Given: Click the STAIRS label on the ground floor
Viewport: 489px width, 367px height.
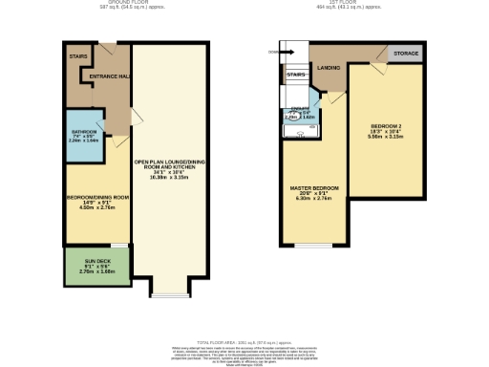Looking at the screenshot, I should pos(78,56).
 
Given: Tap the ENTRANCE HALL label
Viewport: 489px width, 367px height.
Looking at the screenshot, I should pos(109,76).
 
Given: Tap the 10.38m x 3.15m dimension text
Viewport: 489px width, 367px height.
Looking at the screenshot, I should pos(170,177).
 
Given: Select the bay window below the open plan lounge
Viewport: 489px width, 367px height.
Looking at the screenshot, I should pos(170,291).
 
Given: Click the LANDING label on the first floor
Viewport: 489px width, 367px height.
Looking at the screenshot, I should pos(330,67).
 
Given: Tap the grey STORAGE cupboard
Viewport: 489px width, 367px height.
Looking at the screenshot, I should pos(405,54).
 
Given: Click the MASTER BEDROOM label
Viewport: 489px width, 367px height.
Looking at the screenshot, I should pos(315,188).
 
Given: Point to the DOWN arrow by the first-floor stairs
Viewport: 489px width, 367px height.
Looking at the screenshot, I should pos(276,52).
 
